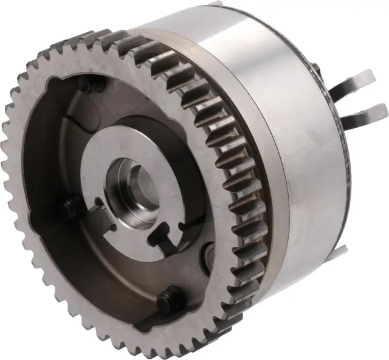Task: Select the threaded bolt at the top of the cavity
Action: pos(93,87)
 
